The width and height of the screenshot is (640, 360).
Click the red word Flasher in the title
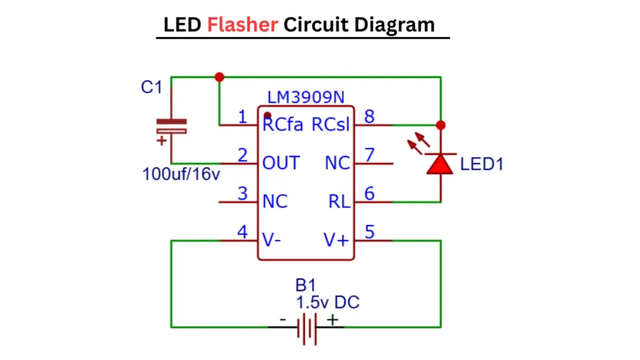tap(242, 24)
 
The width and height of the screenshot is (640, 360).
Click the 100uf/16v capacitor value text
tap(181, 174)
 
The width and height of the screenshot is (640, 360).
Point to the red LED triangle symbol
tap(440, 163)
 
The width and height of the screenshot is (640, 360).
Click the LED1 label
tap(481, 164)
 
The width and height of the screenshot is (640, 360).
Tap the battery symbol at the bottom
tap(307, 327)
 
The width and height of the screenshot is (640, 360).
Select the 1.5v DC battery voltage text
tap(327, 302)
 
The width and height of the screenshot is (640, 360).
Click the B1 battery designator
tap(305, 286)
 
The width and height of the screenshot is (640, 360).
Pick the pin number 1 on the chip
tap(243, 116)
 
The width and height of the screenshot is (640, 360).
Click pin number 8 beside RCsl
tap(369, 116)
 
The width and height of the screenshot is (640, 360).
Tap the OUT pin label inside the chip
tap(281, 163)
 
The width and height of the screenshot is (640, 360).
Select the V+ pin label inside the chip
tap(336, 240)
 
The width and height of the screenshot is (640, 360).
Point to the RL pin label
tap(340, 201)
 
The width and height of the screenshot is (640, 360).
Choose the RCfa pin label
tap(282, 125)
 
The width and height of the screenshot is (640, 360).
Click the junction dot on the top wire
tap(219, 77)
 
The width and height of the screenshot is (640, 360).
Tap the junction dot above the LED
tap(441, 125)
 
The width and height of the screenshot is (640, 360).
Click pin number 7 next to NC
tap(369, 154)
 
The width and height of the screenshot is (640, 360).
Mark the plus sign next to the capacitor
tap(162, 141)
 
